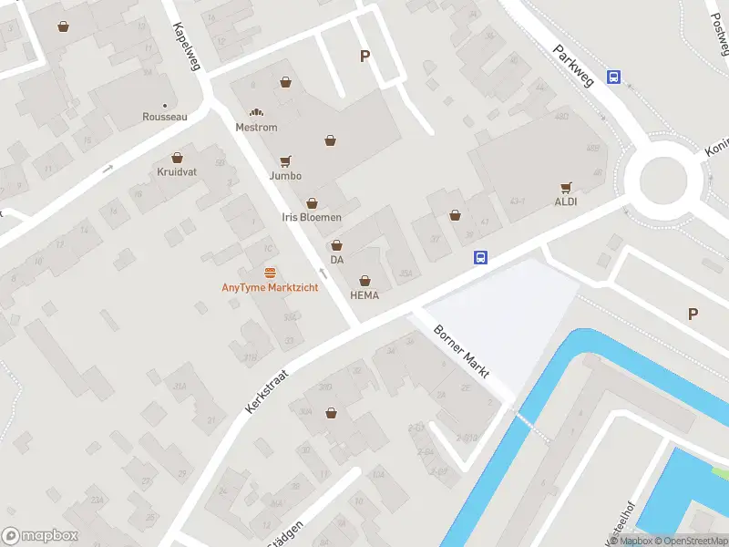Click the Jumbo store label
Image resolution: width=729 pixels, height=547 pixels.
coord(285,175)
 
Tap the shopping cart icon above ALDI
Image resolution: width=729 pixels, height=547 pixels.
coord(566,187)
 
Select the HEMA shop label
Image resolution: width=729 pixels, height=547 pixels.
coord(364,295)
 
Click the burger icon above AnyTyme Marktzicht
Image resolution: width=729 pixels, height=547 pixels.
coord(270,273)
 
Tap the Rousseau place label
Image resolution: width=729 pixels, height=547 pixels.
coord(165,117)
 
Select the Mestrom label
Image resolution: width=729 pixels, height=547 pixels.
coord(256,128)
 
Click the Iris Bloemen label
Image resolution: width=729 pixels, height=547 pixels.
coord(312,217)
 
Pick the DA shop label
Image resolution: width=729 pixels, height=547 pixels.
coord(337,260)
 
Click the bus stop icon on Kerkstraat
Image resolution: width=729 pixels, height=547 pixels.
coord(480,258)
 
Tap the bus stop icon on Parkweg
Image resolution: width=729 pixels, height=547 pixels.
coord(615,77)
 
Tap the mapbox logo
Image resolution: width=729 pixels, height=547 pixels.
coord(40,536)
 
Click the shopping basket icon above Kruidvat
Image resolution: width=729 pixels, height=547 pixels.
coord(176,157)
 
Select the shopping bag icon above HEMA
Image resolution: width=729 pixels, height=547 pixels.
coord(365,281)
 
